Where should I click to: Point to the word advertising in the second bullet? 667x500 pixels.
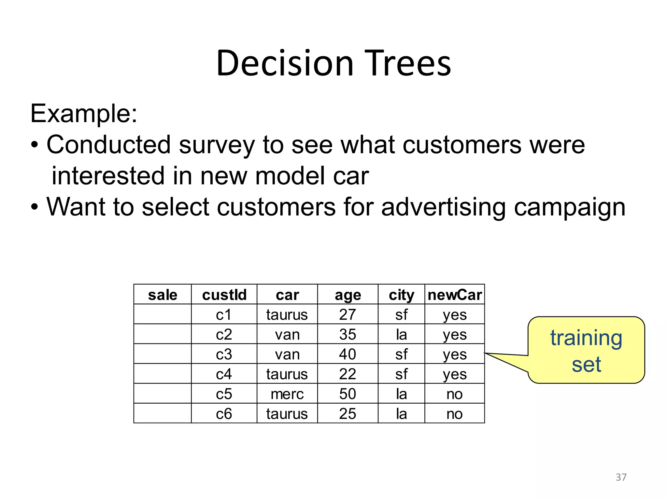coord(443,207)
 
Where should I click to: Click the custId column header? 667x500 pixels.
coord(224,295)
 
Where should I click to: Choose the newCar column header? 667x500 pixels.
coord(454,295)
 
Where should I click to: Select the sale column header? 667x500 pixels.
coord(163,295)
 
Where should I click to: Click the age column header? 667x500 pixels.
coord(348,295)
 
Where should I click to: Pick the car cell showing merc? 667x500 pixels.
coord(287,394)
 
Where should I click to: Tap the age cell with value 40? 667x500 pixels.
coord(348,354)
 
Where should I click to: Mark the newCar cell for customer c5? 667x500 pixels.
coord(454,394)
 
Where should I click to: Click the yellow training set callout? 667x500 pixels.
coord(586,350)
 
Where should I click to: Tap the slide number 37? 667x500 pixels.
coord(621,477)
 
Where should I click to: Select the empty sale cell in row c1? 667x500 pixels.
coord(163,314)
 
